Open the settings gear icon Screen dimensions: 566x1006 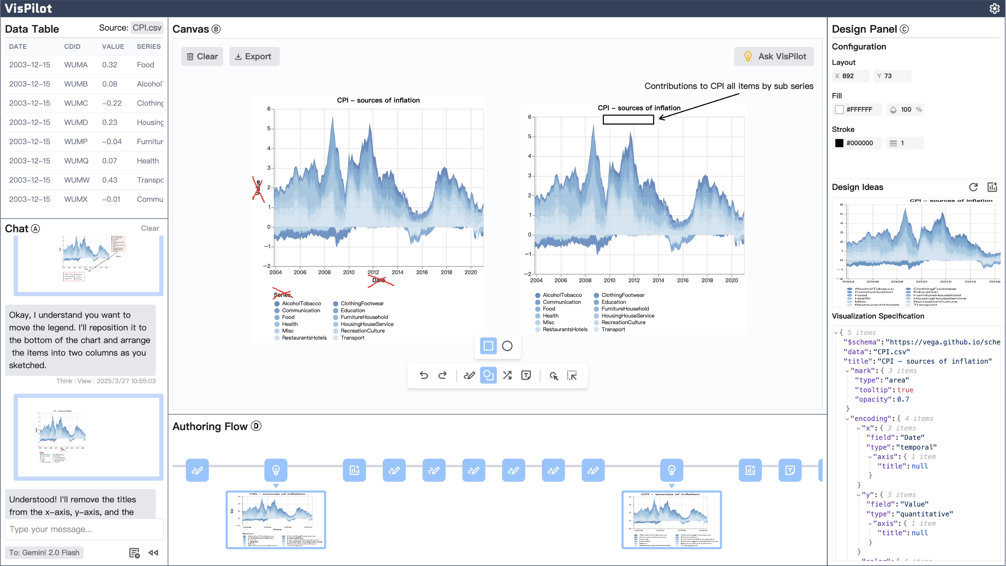pos(994,8)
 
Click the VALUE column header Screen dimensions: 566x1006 pos(113,47)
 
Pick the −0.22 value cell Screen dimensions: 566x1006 pos(112,103)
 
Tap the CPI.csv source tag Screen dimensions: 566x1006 pos(147,28)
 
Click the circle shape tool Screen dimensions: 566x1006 pos(507,346)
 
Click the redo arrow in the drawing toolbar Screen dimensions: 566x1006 pos(443,376)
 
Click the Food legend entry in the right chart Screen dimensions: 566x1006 pos(549,309)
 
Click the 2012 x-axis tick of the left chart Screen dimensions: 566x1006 pos(373,272)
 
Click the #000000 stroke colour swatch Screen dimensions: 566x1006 pos(839,143)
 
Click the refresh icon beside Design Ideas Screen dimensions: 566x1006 pos(973,187)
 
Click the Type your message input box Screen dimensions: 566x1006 pos(84,529)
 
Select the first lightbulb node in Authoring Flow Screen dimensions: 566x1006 pos(276,470)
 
